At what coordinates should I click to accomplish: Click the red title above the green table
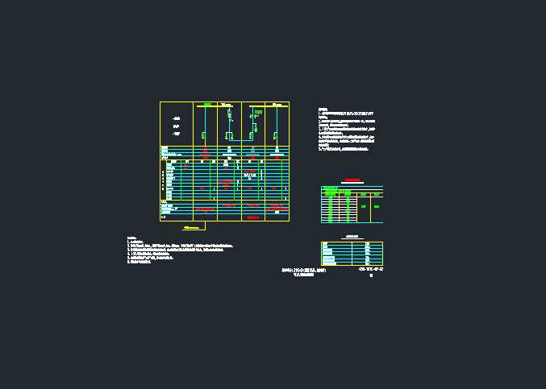(x=351, y=180)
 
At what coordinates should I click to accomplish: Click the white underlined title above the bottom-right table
(x=351, y=237)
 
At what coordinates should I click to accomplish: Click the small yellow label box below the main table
(x=193, y=230)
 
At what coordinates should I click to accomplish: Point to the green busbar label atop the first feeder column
(x=206, y=104)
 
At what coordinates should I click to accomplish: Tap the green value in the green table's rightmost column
(x=376, y=207)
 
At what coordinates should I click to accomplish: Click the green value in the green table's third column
(x=364, y=207)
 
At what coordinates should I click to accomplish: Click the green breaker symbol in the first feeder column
(x=205, y=133)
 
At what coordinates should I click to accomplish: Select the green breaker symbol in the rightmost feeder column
(x=276, y=133)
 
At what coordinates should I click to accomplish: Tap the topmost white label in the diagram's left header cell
(x=176, y=119)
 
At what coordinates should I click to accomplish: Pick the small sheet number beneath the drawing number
(x=370, y=275)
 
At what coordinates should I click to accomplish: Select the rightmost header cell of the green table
(x=376, y=194)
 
